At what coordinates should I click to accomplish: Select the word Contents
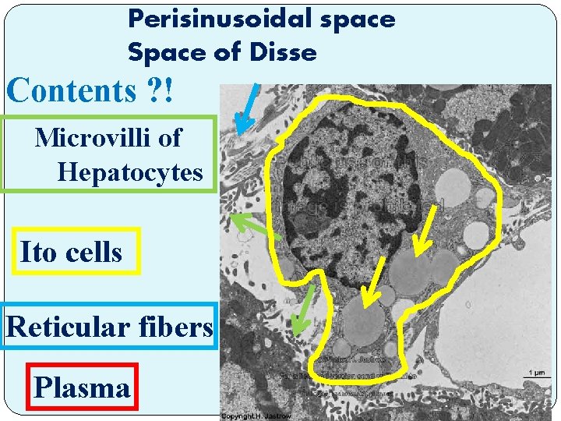72,91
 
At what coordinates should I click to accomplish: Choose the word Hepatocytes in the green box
129,172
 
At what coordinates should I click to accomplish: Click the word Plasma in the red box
82,387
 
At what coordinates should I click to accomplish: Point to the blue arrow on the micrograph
248,109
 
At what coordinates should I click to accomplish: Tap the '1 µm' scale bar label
536,372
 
